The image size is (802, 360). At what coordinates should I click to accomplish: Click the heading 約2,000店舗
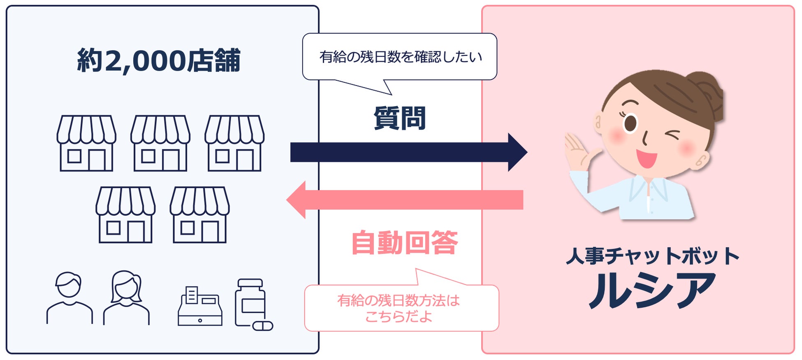point(158,60)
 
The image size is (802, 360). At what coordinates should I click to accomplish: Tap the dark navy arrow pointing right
point(407,152)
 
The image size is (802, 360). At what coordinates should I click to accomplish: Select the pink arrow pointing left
point(405,200)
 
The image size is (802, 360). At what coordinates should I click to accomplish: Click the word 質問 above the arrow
point(399,118)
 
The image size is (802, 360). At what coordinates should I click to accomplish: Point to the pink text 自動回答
point(404,243)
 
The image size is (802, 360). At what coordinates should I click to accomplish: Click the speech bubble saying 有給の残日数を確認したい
point(400,57)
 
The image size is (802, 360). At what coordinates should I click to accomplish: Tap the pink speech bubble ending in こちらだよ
point(401,308)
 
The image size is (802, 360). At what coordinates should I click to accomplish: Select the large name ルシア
point(652,290)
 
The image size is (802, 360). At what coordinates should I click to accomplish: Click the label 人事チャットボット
point(652,255)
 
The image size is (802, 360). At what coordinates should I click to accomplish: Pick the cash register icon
point(200,307)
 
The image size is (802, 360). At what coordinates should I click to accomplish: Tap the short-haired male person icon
point(69,298)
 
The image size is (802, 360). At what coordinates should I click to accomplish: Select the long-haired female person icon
point(126,298)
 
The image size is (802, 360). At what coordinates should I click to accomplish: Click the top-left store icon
point(86,143)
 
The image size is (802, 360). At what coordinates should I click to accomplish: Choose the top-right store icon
point(234,143)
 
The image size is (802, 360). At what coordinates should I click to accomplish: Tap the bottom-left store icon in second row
point(125,215)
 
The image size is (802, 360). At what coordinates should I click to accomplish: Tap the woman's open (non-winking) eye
point(630,123)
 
